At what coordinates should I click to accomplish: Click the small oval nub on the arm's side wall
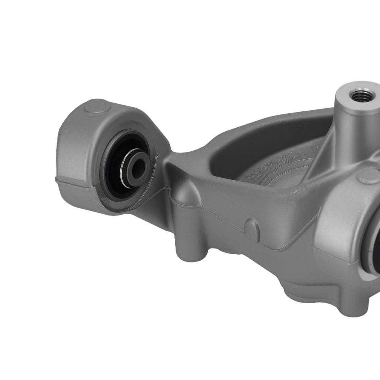252,230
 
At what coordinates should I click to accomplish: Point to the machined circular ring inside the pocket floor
281,179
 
